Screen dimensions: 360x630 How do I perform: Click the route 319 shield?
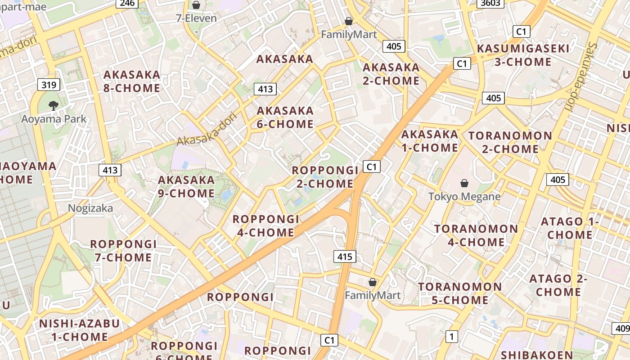point(49,85)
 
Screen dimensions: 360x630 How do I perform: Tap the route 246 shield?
point(127,3)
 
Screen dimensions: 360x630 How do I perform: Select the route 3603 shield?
point(490,3)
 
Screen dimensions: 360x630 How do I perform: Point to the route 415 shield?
point(345,257)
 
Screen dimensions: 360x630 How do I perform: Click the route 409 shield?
point(622,328)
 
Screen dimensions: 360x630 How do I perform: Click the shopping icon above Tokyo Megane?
point(464,183)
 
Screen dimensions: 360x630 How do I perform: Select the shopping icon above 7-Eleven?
point(196,5)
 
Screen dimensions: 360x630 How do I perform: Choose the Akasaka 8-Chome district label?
point(132,81)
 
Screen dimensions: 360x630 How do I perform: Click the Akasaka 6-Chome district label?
point(285,117)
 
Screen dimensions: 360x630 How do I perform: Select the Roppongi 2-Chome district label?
point(325,177)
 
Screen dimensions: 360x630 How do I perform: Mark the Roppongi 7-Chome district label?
point(123,251)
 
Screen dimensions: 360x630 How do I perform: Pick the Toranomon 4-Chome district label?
point(476,235)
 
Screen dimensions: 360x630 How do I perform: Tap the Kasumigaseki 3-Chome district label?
point(523,55)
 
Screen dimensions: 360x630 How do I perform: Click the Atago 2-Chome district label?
point(558,285)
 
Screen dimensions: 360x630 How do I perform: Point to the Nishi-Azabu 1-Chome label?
point(79,330)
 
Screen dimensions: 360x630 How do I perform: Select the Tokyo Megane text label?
point(464,197)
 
